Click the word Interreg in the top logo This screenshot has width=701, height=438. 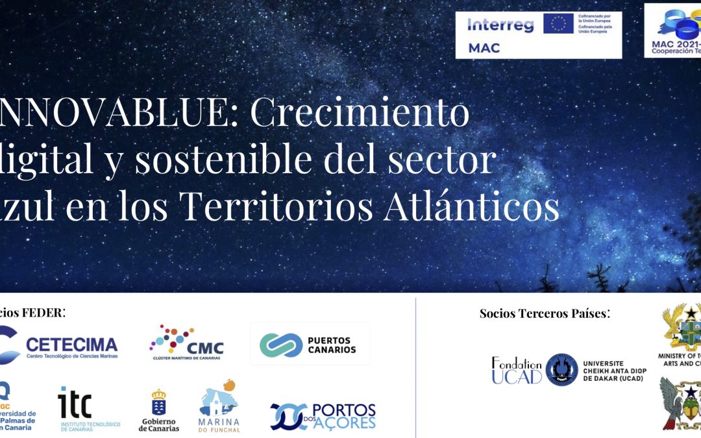point(500,26)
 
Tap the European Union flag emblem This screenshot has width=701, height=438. point(558,24)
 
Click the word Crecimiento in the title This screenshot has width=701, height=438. point(360,114)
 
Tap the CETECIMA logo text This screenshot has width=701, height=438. point(71,345)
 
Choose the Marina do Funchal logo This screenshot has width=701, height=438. point(219,406)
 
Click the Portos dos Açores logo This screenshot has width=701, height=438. point(323,416)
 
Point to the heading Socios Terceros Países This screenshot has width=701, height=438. point(545,314)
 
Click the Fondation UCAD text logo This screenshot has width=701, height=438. point(516,370)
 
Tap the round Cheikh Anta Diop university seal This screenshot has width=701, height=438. point(561,370)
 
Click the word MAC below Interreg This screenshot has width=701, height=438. point(484,48)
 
